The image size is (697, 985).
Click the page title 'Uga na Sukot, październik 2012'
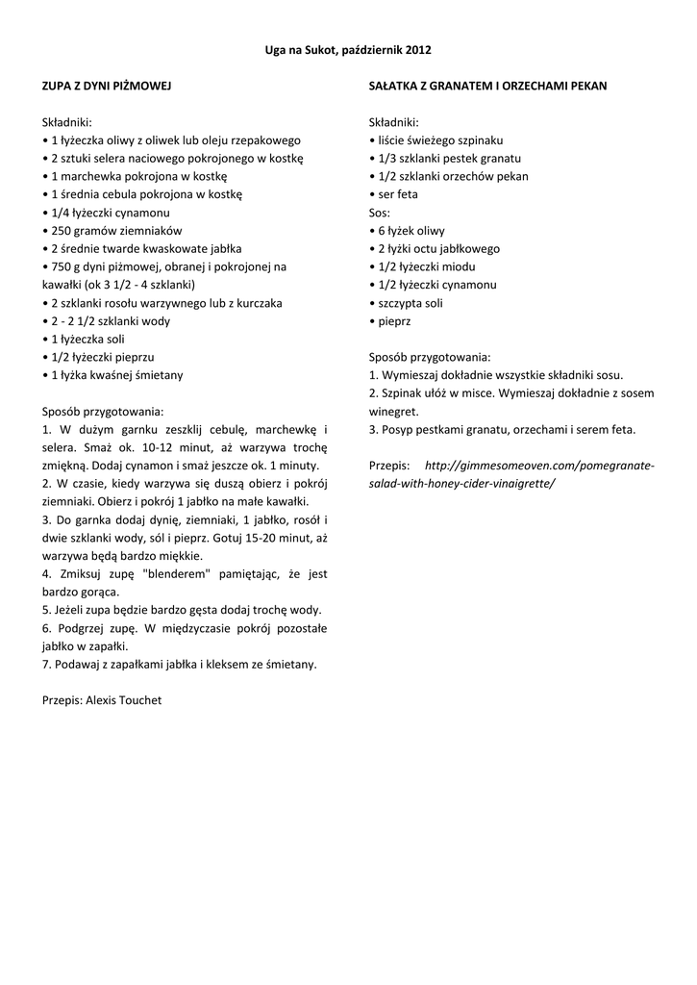(348, 49)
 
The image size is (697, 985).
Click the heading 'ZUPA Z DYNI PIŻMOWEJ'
(107, 86)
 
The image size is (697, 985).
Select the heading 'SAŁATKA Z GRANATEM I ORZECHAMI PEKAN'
(487, 86)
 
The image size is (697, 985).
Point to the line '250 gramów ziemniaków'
(112, 231)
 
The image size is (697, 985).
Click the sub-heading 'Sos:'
(380, 213)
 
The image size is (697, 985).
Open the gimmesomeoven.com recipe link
(538, 466)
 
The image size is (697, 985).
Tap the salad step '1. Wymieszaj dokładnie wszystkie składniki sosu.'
(496, 375)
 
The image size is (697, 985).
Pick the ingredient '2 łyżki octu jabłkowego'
(438, 248)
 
